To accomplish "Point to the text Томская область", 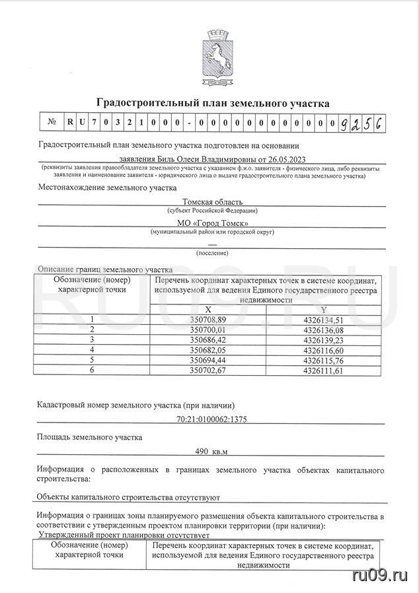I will point(213,201).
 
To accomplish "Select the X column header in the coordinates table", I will point(208,310).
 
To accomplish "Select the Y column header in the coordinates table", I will point(323,310).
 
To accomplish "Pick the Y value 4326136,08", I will point(323,330).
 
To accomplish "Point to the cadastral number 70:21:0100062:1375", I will point(212,419).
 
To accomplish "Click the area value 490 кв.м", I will point(211,452).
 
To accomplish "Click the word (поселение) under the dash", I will point(212,253).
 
